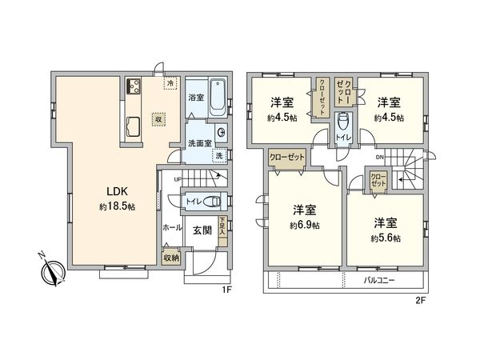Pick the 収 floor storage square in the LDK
pyautogui.click(x=160, y=116)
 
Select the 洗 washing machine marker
pyautogui.click(x=219, y=154)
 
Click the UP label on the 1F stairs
pyautogui.click(x=178, y=178)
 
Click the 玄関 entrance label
pyautogui.click(x=202, y=230)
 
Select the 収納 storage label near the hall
pyautogui.click(x=170, y=258)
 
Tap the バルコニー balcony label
pyautogui.click(x=381, y=282)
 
